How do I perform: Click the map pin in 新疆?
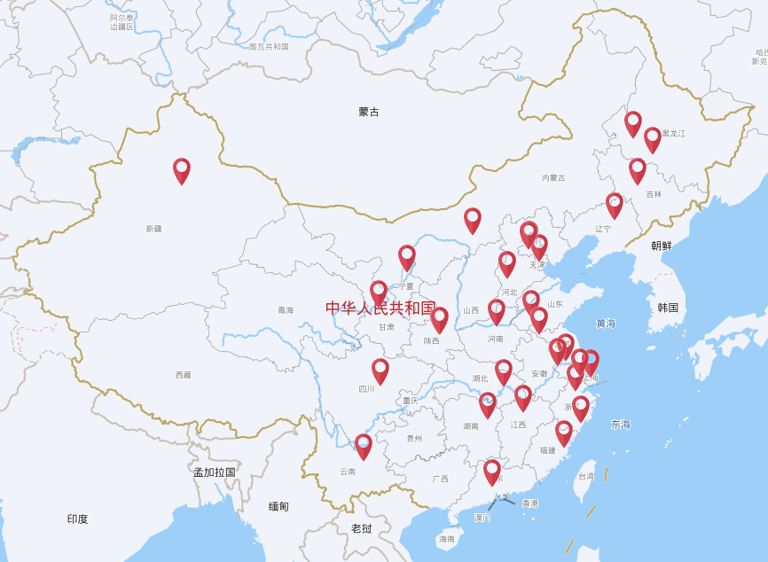pyautogui.click(x=182, y=169)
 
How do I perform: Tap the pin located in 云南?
pyautogui.click(x=364, y=445)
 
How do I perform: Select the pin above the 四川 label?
pyautogui.click(x=380, y=370)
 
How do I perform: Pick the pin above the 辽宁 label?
pyautogui.click(x=615, y=204)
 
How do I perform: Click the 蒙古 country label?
pyautogui.click(x=369, y=112)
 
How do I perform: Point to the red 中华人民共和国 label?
pyautogui.click(x=380, y=308)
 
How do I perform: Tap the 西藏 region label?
pyautogui.click(x=183, y=375)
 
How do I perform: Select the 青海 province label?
pyautogui.click(x=286, y=310)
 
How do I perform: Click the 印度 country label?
pyautogui.click(x=77, y=519)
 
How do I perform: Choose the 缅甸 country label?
pyautogui.click(x=278, y=506)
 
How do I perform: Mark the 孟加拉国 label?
pyautogui.click(x=215, y=472)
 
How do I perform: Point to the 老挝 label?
pyautogui.click(x=361, y=528)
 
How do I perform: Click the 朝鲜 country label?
pyautogui.click(x=662, y=246)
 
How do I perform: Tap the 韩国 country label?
pyautogui.click(x=668, y=308)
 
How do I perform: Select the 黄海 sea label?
pyautogui.click(x=606, y=324)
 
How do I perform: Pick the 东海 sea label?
pyautogui.click(x=621, y=425)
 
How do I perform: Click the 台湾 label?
pyautogui.click(x=586, y=476)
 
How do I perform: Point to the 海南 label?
pyautogui.click(x=446, y=539)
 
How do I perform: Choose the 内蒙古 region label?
pyautogui.click(x=553, y=178)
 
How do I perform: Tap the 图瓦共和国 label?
pyautogui.click(x=269, y=46)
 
